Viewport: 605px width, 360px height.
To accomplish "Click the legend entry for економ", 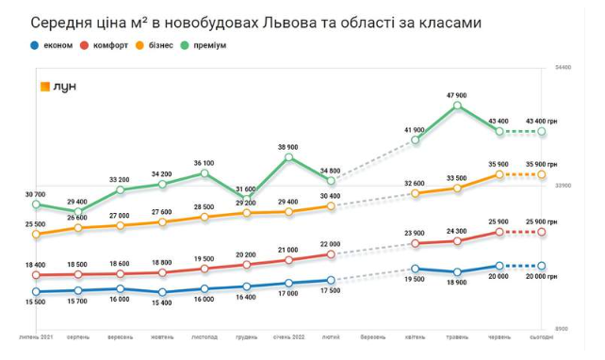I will [48, 44].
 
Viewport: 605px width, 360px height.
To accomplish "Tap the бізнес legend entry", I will [161, 44].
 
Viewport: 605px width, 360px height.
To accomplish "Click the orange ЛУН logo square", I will [44, 87].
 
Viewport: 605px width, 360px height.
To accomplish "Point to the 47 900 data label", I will [458, 95].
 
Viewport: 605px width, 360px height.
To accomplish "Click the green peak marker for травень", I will [458, 106].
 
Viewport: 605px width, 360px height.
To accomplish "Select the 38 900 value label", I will [288, 147].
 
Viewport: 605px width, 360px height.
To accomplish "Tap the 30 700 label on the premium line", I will [35, 194].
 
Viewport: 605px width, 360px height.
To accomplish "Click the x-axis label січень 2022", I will [288, 336].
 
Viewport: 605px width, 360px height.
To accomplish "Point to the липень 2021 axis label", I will [36, 336].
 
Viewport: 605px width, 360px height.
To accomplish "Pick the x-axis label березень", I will [372, 336].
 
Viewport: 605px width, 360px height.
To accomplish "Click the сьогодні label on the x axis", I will [542, 336].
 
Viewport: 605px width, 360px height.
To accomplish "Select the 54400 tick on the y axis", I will [563, 68].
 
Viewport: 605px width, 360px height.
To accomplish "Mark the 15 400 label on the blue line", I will [162, 303].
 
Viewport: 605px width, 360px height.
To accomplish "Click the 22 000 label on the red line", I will [331, 243].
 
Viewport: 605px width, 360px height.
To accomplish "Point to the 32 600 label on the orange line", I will [416, 183].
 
